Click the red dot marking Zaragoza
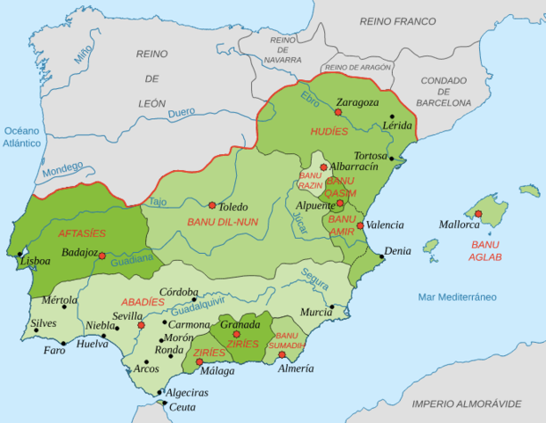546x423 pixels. (338, 112)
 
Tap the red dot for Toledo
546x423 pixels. (212, 204)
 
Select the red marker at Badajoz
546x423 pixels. (102, 256)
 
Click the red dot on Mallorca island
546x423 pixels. (478, 213)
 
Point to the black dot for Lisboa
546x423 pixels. (19, 256)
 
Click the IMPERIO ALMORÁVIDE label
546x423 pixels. (466, 404)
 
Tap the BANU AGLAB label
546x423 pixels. (486, 250)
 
